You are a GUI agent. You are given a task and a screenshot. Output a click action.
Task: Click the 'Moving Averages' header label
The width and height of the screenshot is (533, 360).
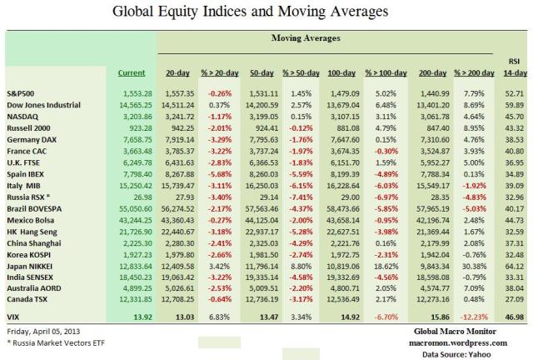click(305, 39)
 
